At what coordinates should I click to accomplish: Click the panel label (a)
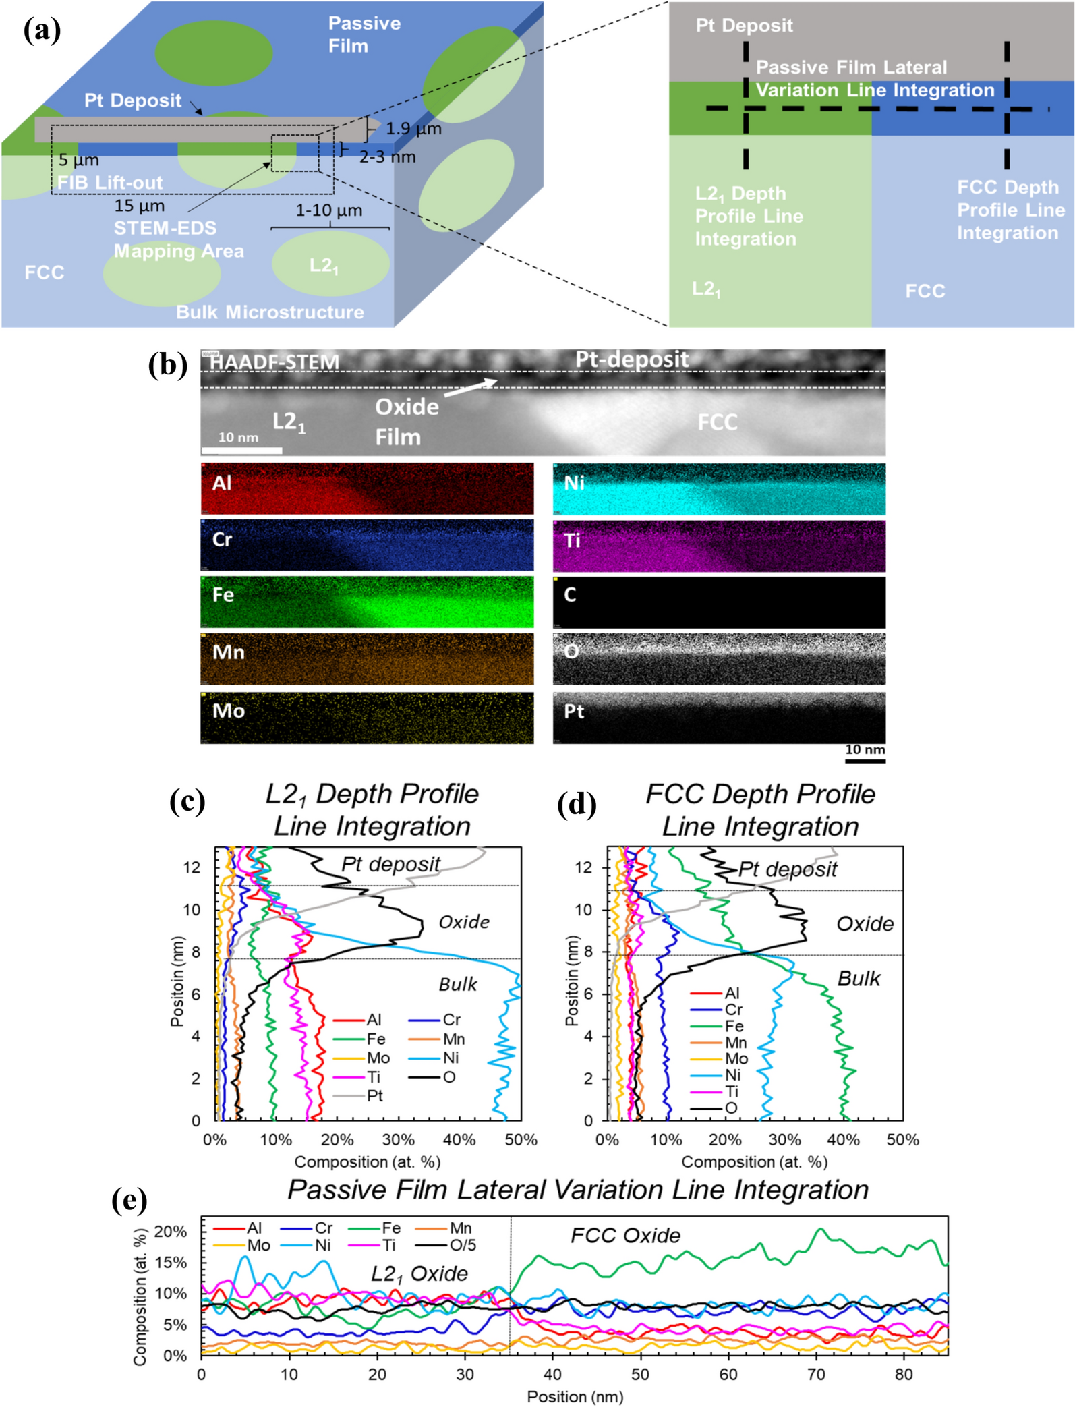click(x=42, y=31)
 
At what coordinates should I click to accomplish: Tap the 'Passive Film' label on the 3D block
click(x=364, y=34)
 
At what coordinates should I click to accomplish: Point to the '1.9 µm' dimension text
click(x=413, y=129)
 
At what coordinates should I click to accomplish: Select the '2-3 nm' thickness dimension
click(x=387, y=157)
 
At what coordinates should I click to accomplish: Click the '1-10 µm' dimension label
click(x=328, y=210)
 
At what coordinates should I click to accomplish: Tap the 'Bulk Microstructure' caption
click(x=270, y=312)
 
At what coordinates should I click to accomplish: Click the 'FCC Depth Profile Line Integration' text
click(x=1010, y=210)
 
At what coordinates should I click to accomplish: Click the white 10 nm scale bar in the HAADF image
click(x=241, y=450)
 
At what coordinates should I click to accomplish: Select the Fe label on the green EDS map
click(x=223, y=595)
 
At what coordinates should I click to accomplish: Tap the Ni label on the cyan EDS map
click(x=574, y=483)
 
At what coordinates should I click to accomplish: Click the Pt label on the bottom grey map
click(x=574, y=712)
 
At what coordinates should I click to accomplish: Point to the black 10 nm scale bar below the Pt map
click(x=865, y=761)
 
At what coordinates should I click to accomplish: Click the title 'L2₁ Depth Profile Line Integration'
click(x=372, y=809)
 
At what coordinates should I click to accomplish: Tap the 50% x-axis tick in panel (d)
click(x=902, y=1140)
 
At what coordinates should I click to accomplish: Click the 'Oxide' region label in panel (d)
click(x=865, y=924)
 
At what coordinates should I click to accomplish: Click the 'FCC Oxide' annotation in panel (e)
click(x=625, y=1236)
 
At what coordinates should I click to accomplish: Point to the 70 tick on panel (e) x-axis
click(x=816, y=1374)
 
